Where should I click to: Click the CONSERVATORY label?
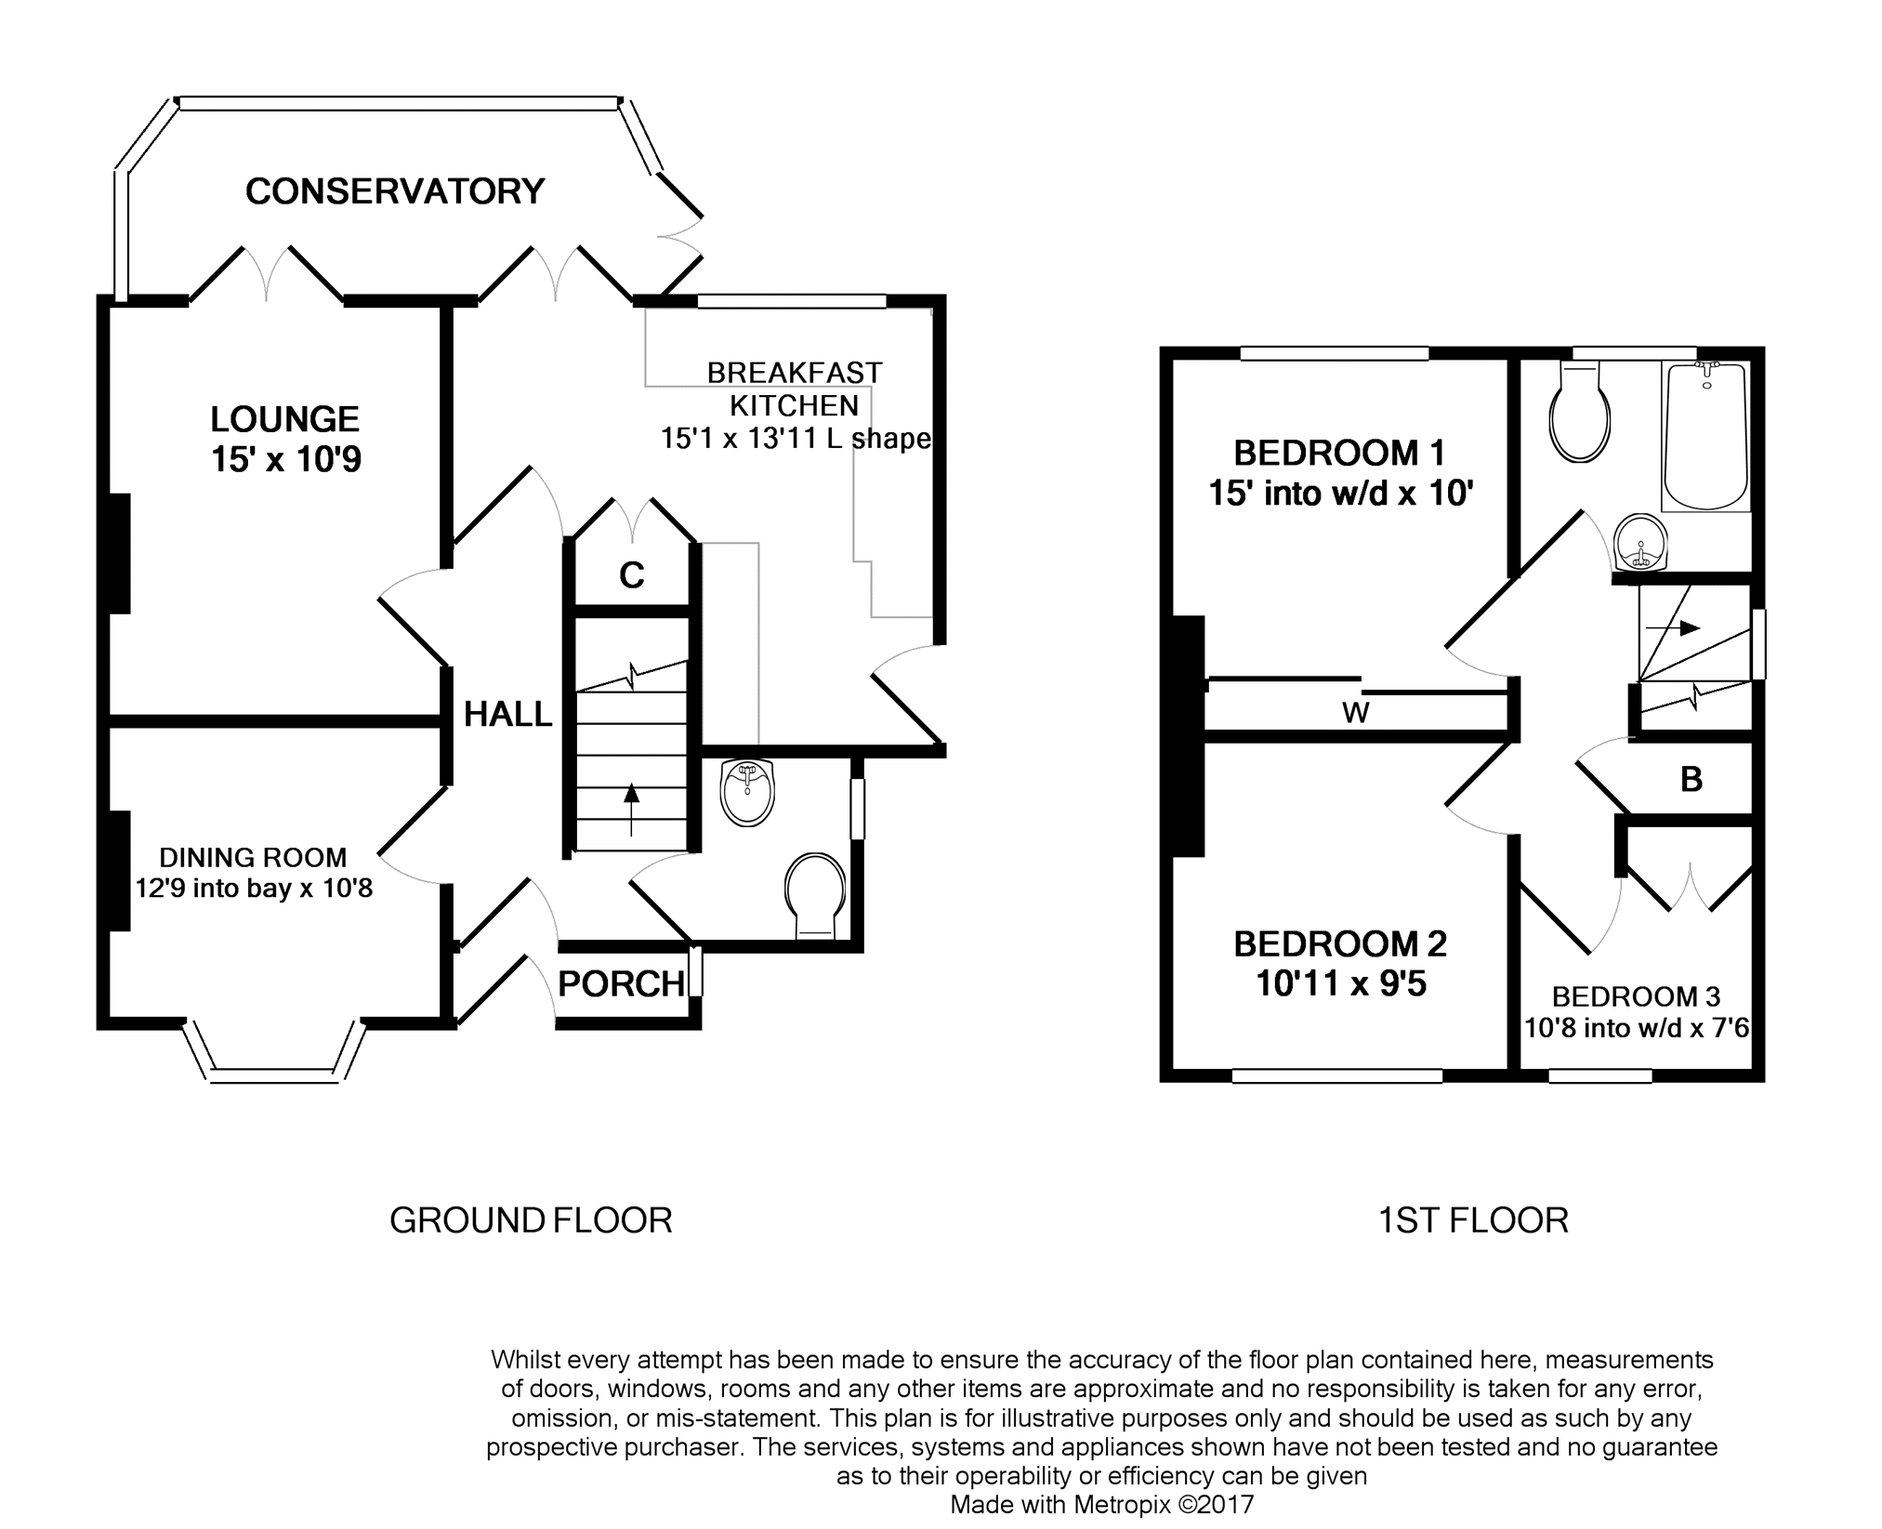394,191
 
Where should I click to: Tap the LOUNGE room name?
284,419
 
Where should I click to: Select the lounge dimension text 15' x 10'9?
285,459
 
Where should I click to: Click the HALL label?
508,714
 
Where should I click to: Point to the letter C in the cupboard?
632,576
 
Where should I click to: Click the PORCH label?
622,983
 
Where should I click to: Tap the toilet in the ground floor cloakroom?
816,897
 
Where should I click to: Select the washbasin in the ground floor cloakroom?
748,793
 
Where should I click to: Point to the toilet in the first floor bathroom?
1581,413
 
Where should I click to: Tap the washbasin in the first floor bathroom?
1641,543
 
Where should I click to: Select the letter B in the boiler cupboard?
1691,780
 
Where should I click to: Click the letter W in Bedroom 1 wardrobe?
1356,714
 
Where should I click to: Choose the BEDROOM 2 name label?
1340,944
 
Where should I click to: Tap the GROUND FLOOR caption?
531,1220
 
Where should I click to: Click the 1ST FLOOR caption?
1473,1220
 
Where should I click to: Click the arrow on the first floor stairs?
1673,628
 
